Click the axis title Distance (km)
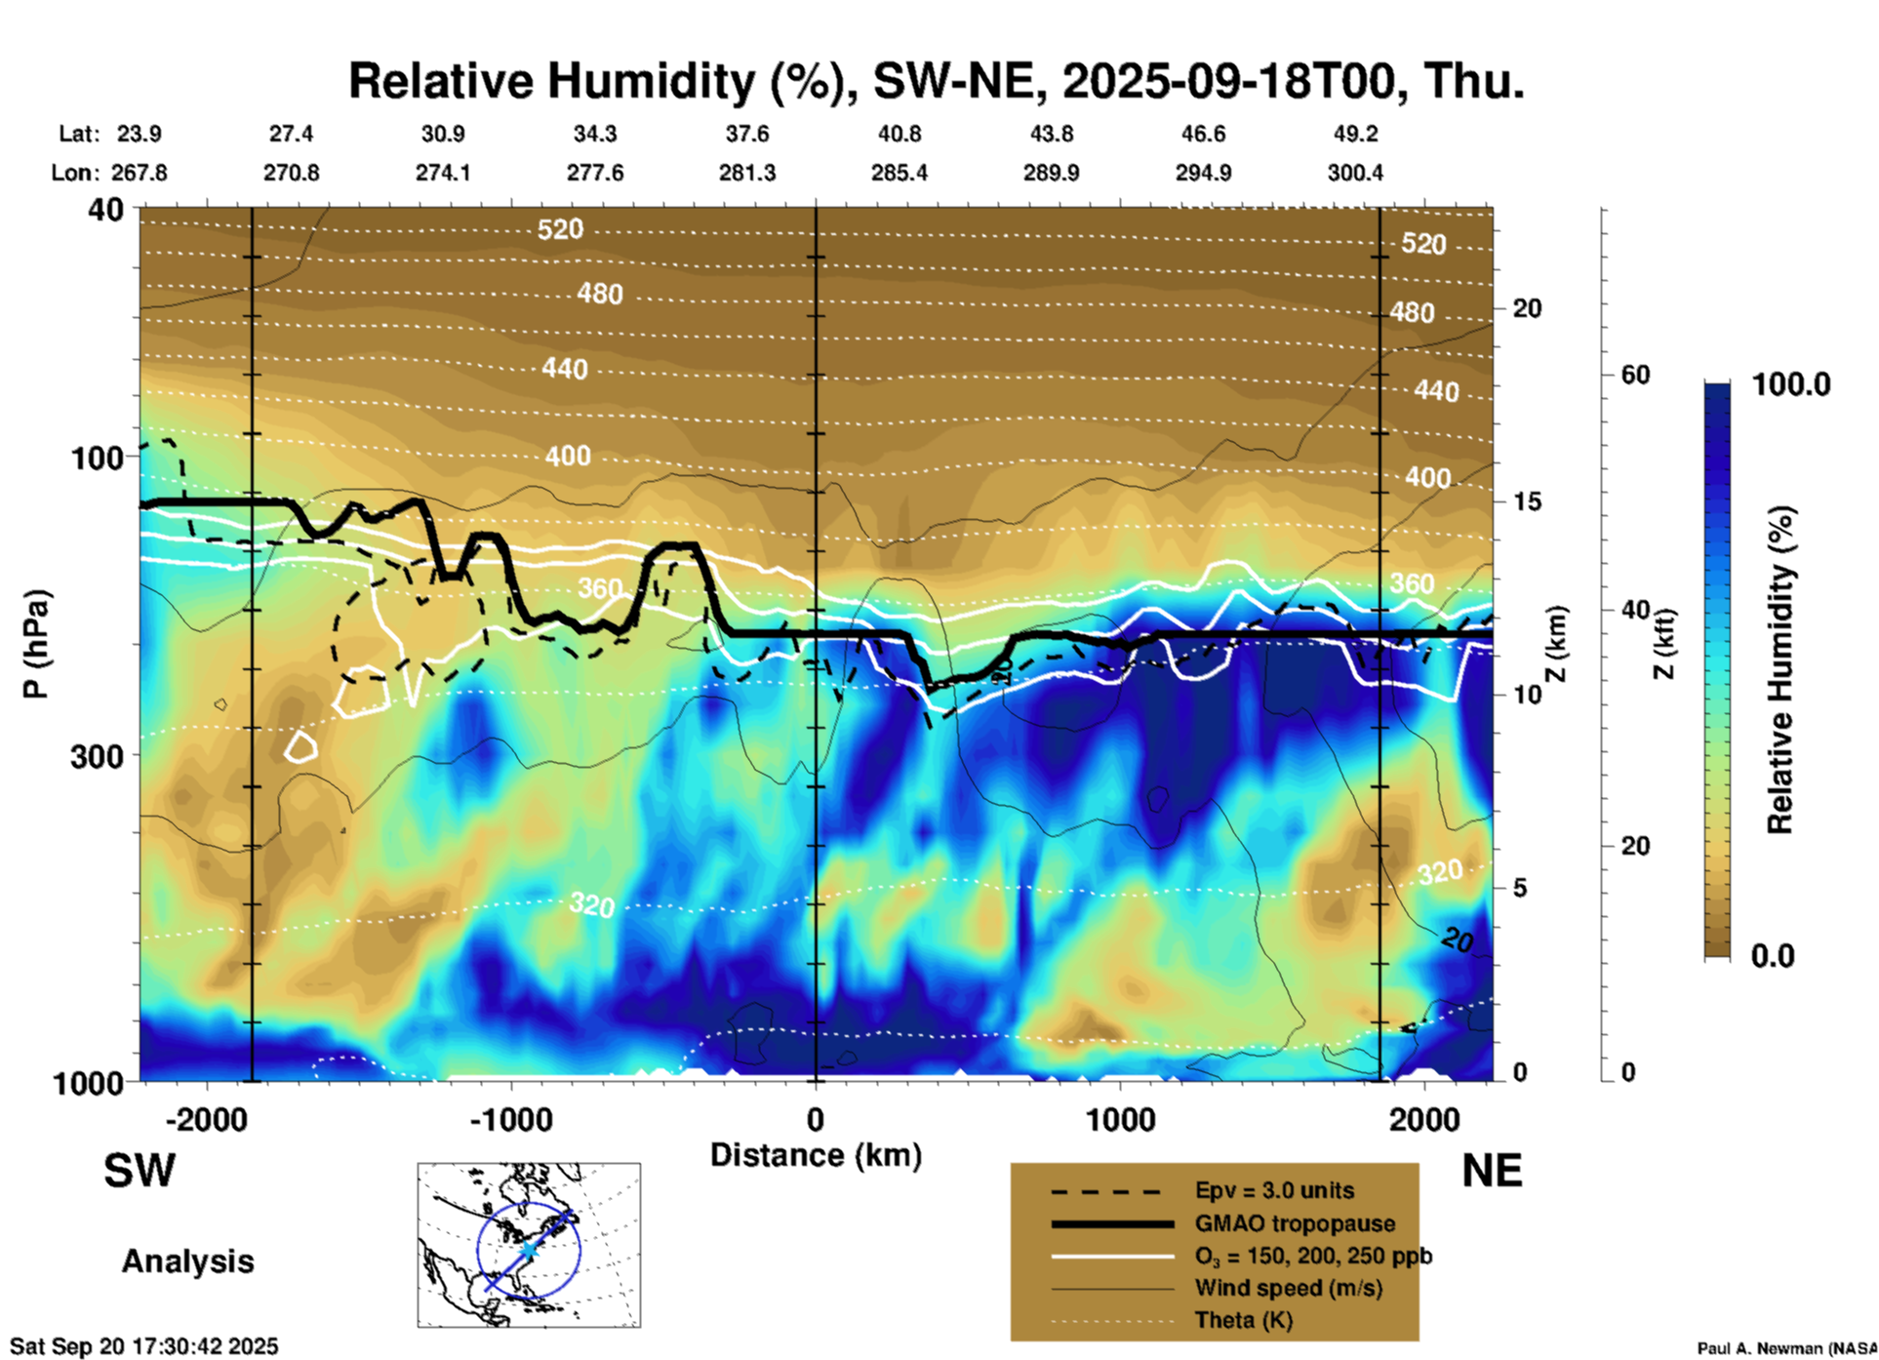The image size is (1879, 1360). (816, 1155)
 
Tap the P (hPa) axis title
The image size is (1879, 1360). (35, 644)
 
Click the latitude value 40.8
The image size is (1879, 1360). (900, 134)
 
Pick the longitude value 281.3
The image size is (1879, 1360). (747, 173)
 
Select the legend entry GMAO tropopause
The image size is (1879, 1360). (1295, 1223)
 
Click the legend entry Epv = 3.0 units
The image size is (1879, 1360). (1274, 1190)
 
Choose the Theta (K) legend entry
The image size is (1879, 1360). (1243, 1320)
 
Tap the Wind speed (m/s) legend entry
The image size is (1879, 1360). (1288, 1288)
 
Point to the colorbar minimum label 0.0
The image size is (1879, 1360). (1773, 956)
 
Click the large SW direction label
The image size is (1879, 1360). (140, 1171)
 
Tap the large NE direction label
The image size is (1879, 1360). (1492, 1171)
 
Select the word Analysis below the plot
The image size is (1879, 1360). (187, 1261)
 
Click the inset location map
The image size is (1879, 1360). (529, 1245)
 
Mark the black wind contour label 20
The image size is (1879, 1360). (1457, 940)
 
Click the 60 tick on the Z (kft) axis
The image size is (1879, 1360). (1635, 375)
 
